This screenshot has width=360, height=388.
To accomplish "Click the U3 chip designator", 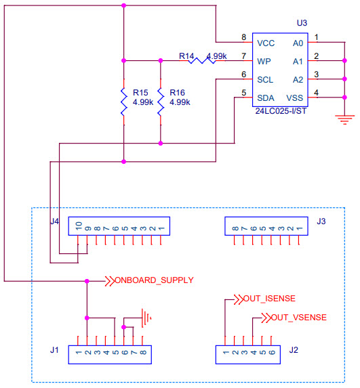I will pos(302,23).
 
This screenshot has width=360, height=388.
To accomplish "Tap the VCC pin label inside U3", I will pos(265,43).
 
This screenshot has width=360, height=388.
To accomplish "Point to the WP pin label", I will pos(264,61).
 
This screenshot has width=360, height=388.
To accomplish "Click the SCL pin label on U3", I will pos(265,79).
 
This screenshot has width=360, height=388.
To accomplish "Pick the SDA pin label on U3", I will pos(265,98).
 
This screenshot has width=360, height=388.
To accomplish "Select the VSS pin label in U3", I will pos(295,98).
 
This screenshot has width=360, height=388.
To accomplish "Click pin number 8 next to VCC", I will pos(243,37).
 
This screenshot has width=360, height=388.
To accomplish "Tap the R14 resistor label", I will pos(186,56).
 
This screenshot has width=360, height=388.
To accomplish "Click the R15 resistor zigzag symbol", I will pos(124,102).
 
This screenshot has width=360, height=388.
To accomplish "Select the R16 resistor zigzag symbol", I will pos(161,102).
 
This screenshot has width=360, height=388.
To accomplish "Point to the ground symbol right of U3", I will pos(345,119).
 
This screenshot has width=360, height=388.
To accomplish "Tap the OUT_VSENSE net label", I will pos(294,317).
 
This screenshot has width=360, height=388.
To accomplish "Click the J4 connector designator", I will pos(56,220).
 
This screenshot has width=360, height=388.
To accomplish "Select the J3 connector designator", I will pos(321,220).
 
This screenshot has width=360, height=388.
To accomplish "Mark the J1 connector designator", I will pos(56,349).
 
